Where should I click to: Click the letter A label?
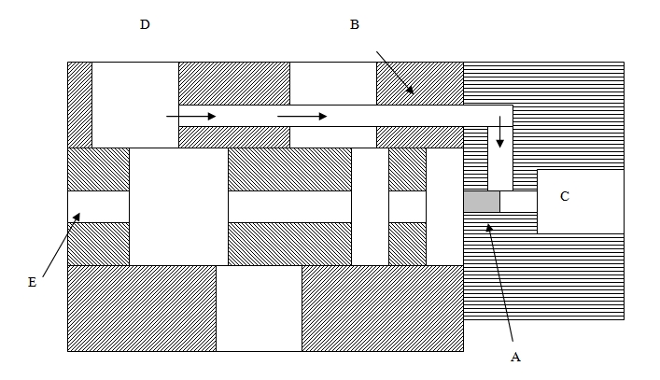point(514,356)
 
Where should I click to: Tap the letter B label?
point(354,24)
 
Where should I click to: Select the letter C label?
point(565,196)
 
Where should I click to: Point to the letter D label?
point(145,24)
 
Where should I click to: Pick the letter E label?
point(32,281)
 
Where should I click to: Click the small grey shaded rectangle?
point(482,202)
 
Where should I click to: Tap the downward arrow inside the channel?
point(500,132)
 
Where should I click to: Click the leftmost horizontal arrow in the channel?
point(190,117)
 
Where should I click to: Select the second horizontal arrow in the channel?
point(302,117)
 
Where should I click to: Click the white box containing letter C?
point(580,201)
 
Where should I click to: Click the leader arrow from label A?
point(500,281)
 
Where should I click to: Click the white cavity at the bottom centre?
point(259,308)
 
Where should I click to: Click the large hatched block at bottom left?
point(141,308)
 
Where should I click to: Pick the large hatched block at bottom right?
point(382,308)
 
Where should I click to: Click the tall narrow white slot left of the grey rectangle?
point(443,206)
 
